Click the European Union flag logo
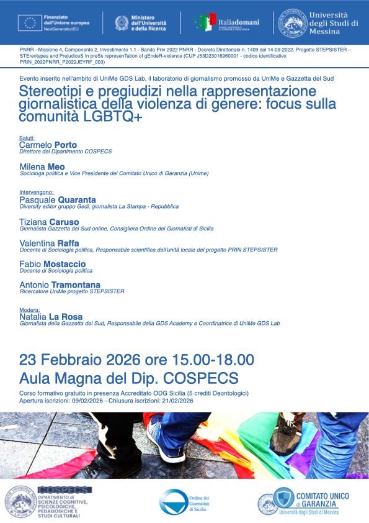(x=30, y=23)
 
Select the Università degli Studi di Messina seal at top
(x=293, y=22)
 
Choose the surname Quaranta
(x=77, y=199)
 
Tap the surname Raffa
(x=68, y=243)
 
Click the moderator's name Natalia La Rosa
(x=51, y=317)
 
